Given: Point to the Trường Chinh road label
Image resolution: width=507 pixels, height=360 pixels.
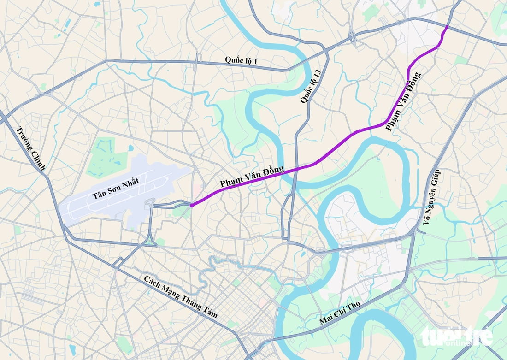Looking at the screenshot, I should (31, 148).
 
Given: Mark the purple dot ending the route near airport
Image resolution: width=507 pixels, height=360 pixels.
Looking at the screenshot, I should (191, 205).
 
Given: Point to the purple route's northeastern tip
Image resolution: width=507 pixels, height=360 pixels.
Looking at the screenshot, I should (447, 26).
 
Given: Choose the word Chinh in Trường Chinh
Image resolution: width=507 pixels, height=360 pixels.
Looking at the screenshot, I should (38, 160).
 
